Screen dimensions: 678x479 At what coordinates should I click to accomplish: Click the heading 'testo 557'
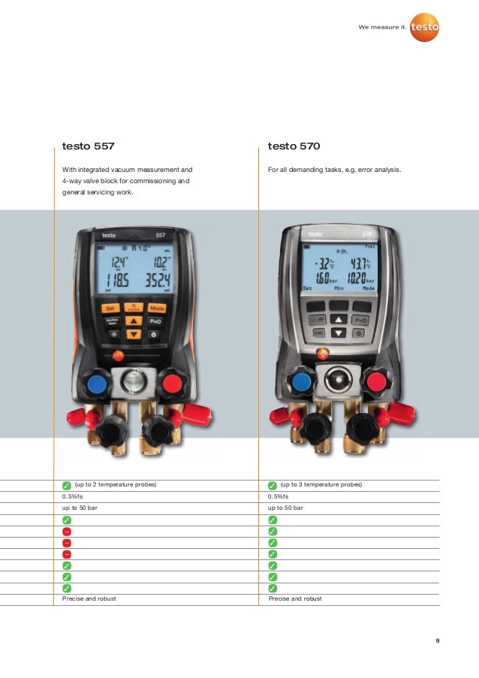[x=88, y=146]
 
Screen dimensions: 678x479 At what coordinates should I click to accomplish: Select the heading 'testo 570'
[x=294, y=146]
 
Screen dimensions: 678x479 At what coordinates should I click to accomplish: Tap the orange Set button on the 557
[x=109, y=308]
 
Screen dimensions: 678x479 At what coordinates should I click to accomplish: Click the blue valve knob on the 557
[x=97, y=385]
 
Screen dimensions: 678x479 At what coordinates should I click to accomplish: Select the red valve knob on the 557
[x=172, y=385]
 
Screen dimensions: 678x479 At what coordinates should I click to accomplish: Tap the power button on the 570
[x=360, y=333]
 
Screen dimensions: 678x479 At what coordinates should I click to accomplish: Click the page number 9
[x=437, y=641]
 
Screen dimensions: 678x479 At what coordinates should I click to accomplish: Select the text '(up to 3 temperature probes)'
[x=321, y=485]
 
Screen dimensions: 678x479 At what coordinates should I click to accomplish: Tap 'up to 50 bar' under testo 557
[x=80, y=508]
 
